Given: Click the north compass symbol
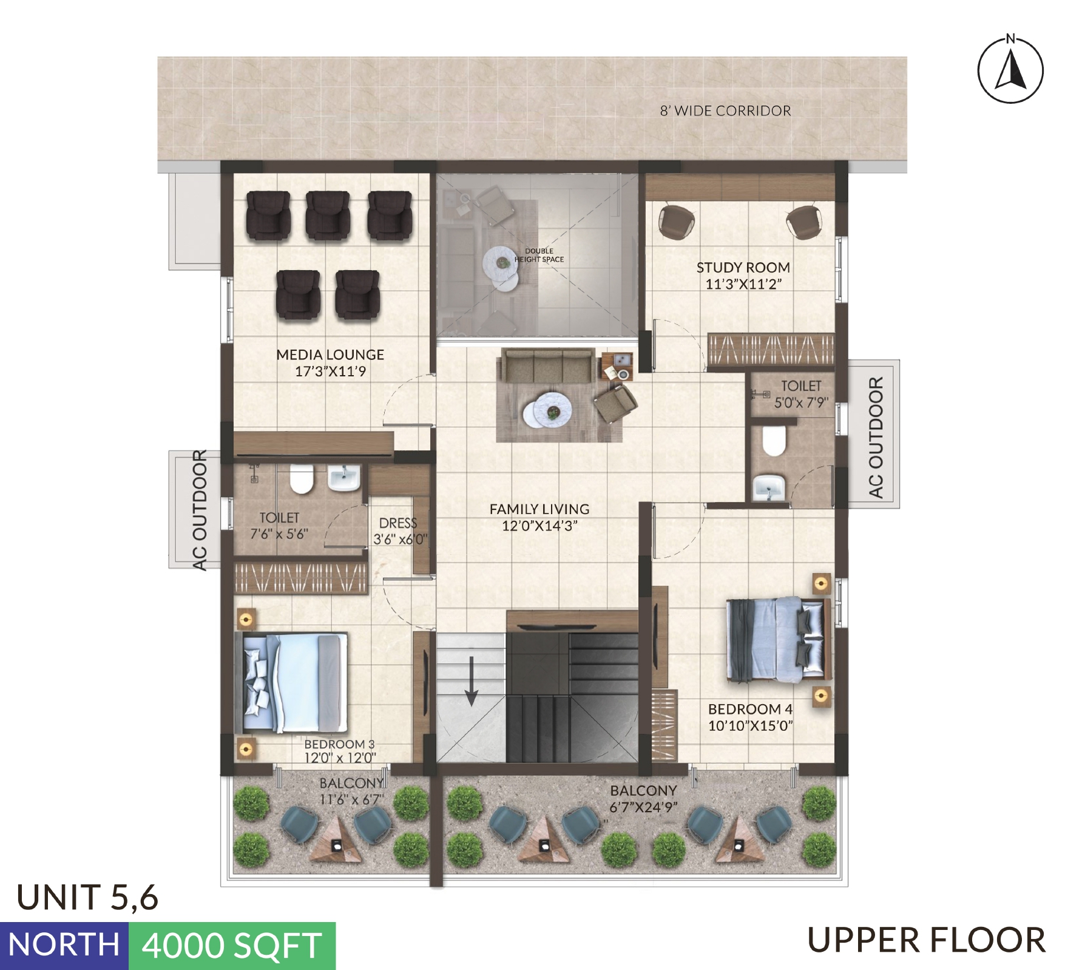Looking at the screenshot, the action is pyautogui.click(x=1010, y=69).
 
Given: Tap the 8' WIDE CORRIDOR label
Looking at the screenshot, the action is pyautogui.click(x=725, y=111).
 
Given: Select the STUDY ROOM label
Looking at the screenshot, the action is pyautogui.click(x=743, y=268).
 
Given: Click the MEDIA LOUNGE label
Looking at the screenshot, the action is pyautogui.click(x=330, y=354).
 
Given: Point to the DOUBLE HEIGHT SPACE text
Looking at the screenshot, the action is pyautogui.click(x=539, y=255).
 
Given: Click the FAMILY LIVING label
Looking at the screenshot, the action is pyautogui.click(x=539, y=509).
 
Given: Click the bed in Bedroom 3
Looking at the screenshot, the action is pyautogui.click(x=291, y=683).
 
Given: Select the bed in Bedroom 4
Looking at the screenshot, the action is pyautogui.click(x=779, y=639).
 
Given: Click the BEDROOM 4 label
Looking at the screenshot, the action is pyautogui.click(x=750, y=709).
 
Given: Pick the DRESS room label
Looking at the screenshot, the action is pyautogui.click(x=398, y=523).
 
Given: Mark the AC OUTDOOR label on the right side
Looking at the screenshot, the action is pyautogui.click(x=875, y=437).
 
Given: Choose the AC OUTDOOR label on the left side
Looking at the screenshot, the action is pyautogui.click(x=199, y=510).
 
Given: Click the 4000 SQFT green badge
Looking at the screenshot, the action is pyautogui.click(x=232, y=945).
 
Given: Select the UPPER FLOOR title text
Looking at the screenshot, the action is pyautogui.click(x=926, y=941).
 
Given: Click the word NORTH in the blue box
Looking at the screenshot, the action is pyautogui.click(x=64, y=945).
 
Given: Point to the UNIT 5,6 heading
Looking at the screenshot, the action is pyautogui.click(x=87, y=898).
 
